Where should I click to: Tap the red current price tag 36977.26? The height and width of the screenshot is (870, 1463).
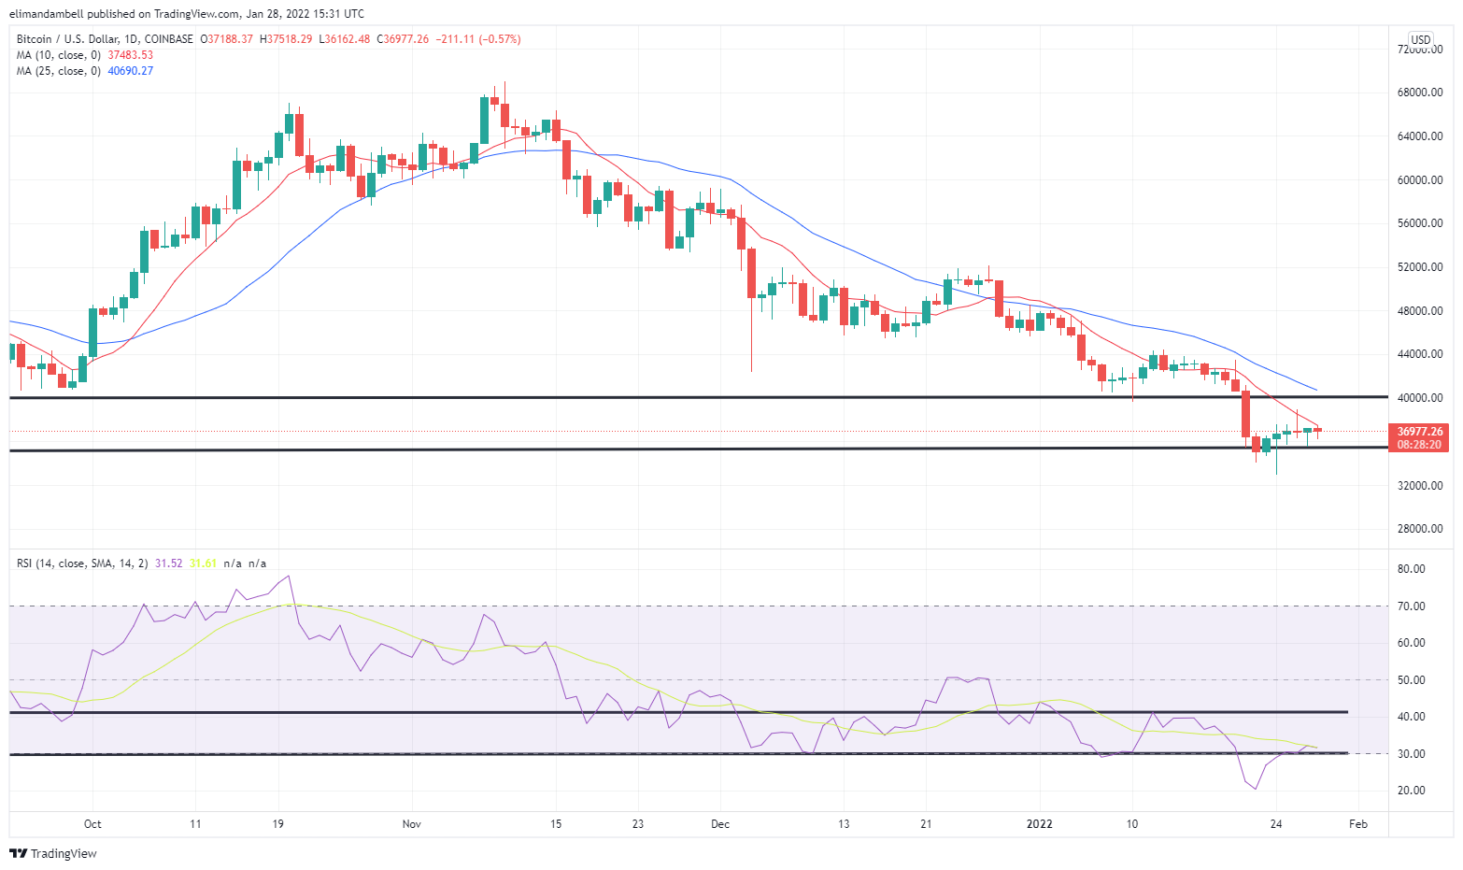1419,432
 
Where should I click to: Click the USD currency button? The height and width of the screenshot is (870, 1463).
1420,40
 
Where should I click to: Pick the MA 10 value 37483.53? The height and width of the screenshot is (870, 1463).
131,55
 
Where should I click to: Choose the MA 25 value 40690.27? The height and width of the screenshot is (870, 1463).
131,71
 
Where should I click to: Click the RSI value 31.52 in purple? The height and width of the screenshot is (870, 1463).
168,563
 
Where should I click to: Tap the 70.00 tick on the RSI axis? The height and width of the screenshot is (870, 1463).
1411,606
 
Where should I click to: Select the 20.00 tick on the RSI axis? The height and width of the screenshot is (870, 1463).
1411,791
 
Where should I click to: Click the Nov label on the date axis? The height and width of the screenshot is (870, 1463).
412,824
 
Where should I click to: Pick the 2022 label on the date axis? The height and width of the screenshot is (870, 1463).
1039,824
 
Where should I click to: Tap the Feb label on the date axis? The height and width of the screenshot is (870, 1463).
1358,824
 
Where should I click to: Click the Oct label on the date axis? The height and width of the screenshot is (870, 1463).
92,824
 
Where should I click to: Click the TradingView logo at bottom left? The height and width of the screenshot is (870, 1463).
53,853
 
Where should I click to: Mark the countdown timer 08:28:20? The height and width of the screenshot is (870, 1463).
1419,445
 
